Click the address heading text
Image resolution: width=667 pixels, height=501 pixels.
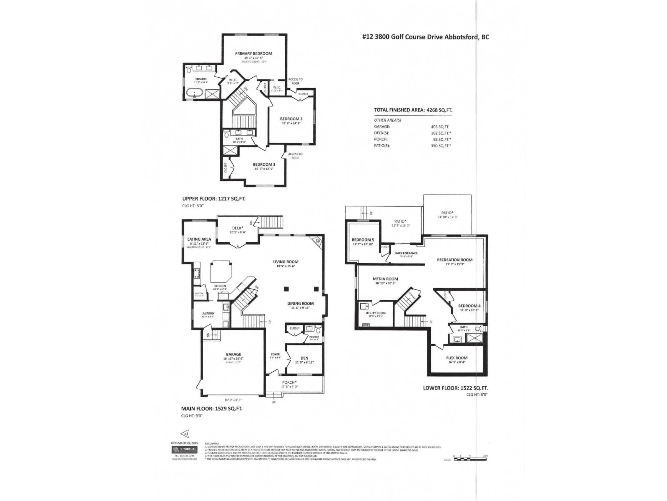pyautogui.click(x=425, y=37)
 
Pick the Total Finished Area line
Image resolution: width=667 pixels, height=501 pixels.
pyautogui.click(x=413, y=110)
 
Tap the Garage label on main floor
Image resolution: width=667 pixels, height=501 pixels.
pyautogui.click(x=233, y=354)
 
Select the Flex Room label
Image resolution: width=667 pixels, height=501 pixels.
pyautogui.click(x=457, y=358)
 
